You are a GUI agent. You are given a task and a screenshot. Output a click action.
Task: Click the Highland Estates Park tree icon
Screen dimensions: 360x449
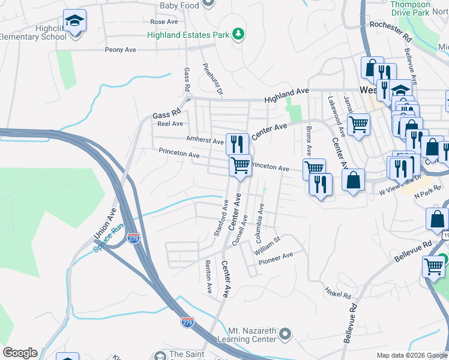[x=239, y=34]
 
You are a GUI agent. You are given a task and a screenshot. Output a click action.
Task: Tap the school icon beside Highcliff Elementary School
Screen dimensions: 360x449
[x=74, y=23]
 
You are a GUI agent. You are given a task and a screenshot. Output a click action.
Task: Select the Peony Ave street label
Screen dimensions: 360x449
[x=121, y=50]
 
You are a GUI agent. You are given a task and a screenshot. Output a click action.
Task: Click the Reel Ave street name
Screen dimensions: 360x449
[x=170, y=124]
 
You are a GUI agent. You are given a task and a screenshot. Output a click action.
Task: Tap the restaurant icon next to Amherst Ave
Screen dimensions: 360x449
[x=237, y=143]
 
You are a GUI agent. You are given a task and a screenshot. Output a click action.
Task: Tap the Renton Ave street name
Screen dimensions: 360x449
[x=208, y=277]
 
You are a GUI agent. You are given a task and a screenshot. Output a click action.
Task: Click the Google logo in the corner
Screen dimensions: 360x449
[x=20, y=353]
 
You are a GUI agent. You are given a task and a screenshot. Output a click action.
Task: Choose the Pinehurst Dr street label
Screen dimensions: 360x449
[x=212, y=79]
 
